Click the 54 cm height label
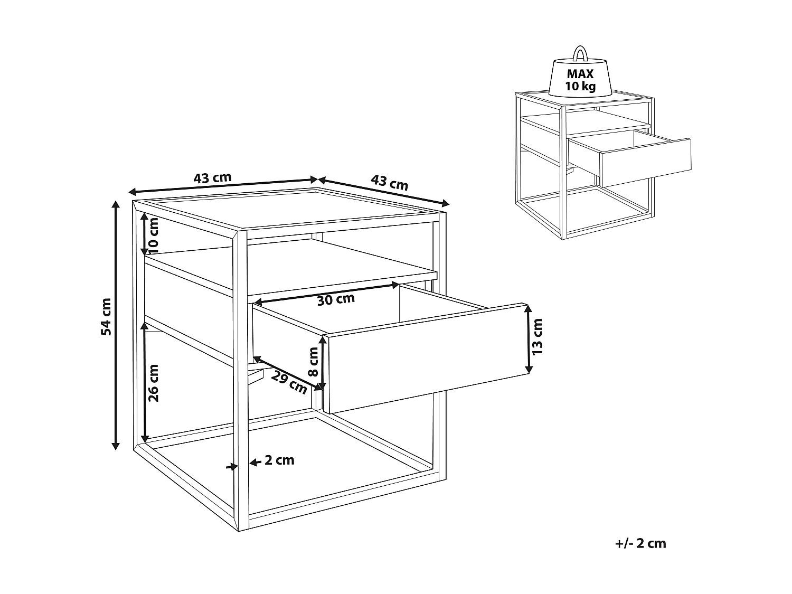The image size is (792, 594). click(x=106, y=317)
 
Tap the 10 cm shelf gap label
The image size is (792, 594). click(x=154, y=233)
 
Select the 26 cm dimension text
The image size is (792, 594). click(x=154, y=383)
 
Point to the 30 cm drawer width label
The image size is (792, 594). click(x=336, y=300)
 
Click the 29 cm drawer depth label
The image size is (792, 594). click(x=289, y=382)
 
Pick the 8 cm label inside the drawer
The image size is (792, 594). click(x=314, y=361)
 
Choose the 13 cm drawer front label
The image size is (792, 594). click(x=537, y=337)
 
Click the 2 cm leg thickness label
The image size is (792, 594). click(x=279, y=460)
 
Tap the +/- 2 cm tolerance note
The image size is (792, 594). click(x=640, y=543)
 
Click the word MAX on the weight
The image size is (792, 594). click(x=580, y=74)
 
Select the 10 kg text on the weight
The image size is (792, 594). click(x=580, y=87)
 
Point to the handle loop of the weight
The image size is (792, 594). click(x=580, y=53)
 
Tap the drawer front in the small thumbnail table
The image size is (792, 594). click(x=646, y=162)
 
